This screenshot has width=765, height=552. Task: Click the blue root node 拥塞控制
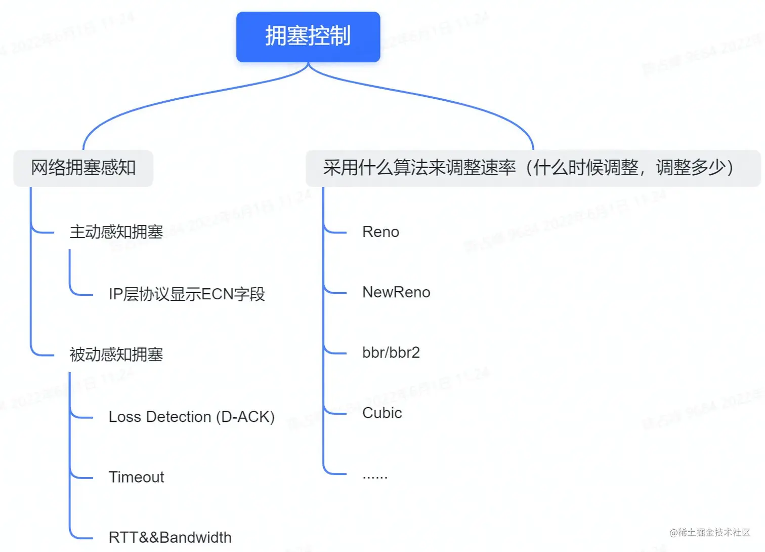point(308,37)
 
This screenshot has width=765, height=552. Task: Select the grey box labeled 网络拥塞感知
point(83,168)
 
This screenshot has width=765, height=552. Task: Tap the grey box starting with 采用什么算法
point(533,168)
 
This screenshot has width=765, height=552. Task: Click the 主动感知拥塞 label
point(116,232)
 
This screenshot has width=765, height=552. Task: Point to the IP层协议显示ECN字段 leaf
point(187,294)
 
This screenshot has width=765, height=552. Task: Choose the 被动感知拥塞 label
point(116,354)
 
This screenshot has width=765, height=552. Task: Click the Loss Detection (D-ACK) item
point(191,417)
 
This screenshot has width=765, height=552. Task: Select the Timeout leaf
point(136,477)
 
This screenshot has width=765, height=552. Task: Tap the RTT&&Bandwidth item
point(170,537)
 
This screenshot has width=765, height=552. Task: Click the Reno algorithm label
point(380,232)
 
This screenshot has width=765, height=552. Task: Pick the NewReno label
point(396,292)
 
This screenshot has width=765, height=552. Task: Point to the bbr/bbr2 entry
point(391,352)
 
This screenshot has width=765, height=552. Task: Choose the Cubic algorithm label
point(382,413)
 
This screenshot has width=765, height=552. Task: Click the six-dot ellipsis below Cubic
point(375,477)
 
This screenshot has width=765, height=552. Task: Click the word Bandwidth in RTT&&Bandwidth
point(195,537)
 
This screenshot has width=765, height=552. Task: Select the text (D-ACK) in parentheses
point(245,417)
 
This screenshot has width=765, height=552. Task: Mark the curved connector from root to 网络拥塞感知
point(152,101)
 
